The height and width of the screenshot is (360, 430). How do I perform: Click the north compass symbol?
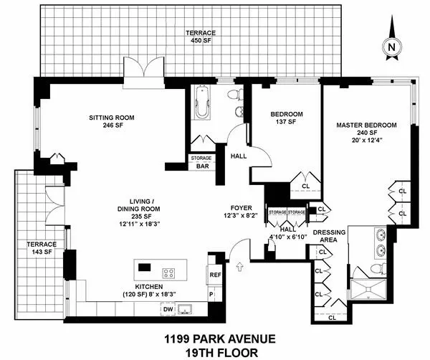click(x=391, y=46)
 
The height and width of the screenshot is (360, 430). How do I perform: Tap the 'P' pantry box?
click(x=211, y=293)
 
